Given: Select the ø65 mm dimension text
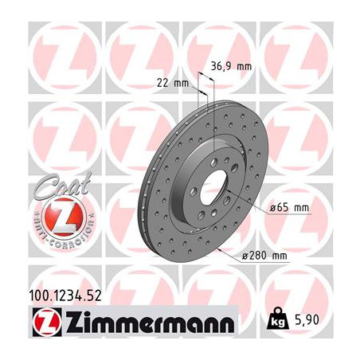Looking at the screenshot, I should tap(288, 207).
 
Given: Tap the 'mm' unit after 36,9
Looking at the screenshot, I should tap(245, 67).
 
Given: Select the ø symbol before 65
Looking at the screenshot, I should tap(272, 207).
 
